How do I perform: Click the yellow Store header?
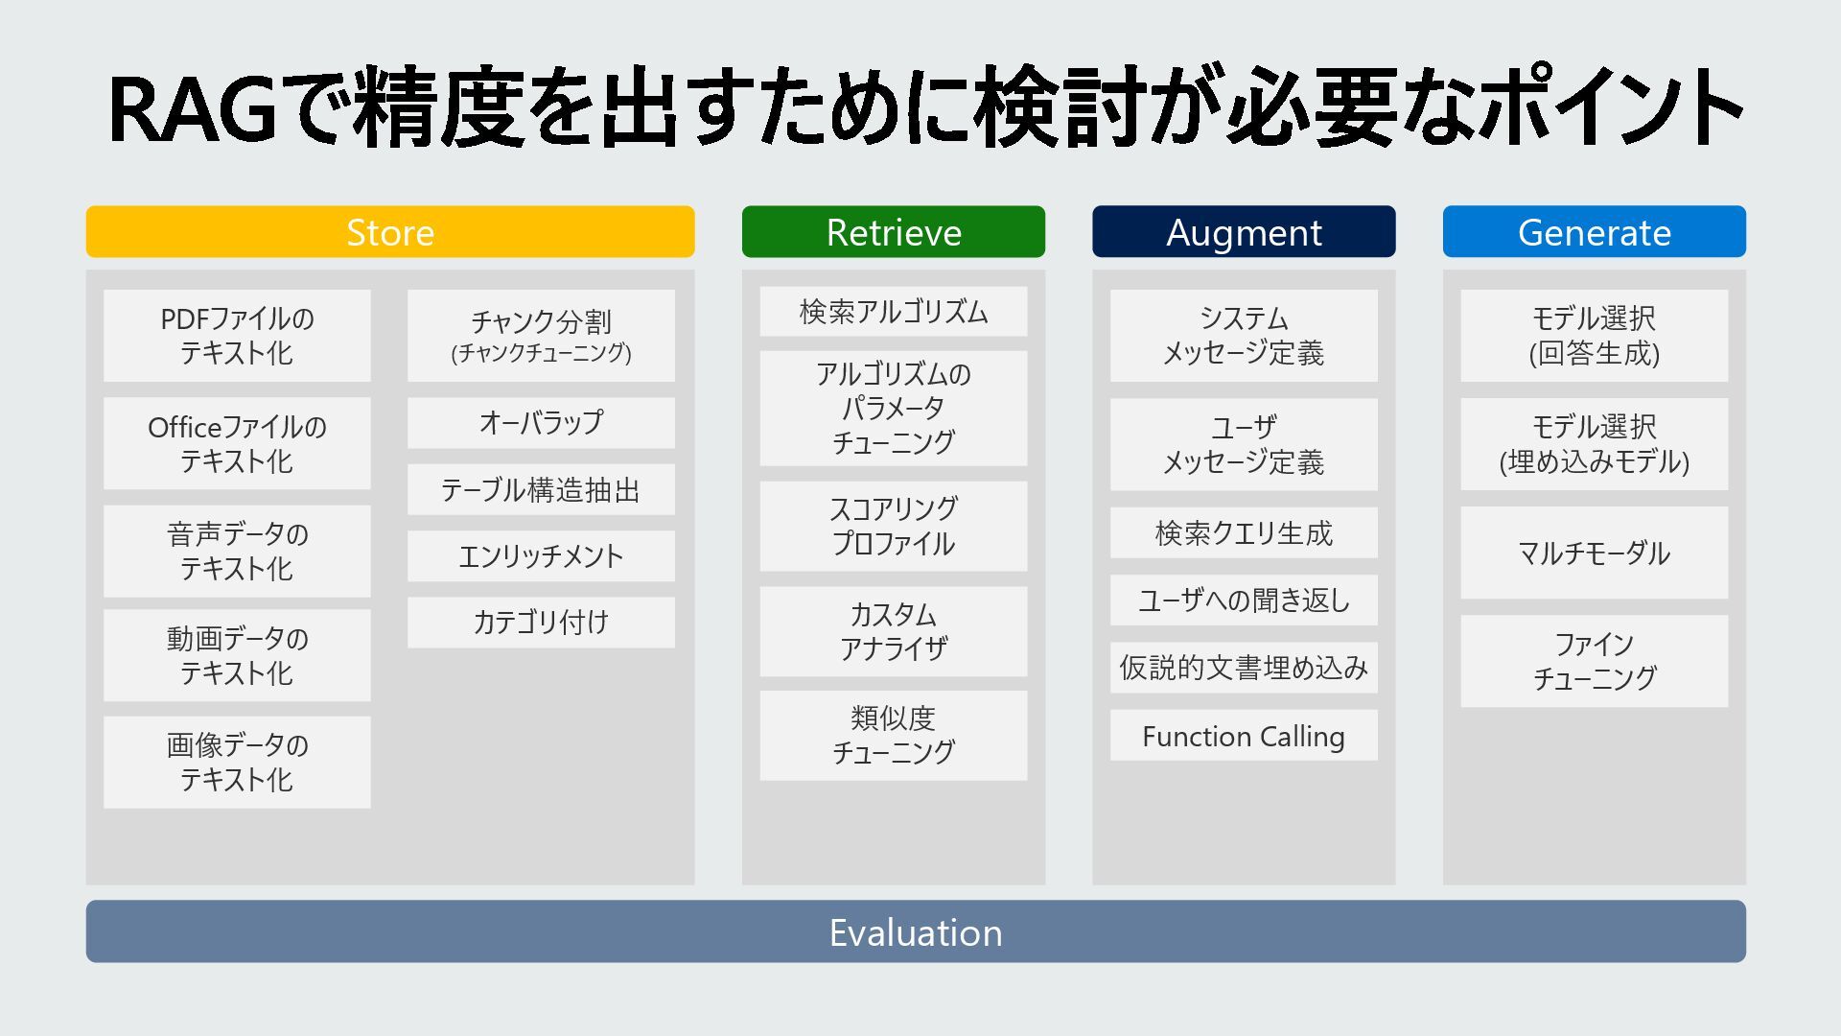pyautogui.click(x=390, y=232)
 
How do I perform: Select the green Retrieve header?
pyautogui.click(x=893, y=232)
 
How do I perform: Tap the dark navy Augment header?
pyautogui.click(x=1244, y=232)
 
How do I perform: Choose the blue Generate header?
pyautogui.click(x=1594, y=232)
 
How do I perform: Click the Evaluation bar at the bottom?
pyautogui.click(x=916, y=931)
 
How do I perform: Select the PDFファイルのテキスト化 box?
pyautogui.click(x=237, y=336)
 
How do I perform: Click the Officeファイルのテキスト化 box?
pyautogui.click(x=237, y=443)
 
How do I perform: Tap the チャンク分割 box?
pyautogui.click(x=541, y=336)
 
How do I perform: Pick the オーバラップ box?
pyautogui.click(x=541, y=423)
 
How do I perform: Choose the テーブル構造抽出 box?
pyautogui.click(x=541, y=490)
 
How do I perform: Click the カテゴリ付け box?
pyautogui.click(x=541, y=623)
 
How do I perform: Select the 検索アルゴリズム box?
pyautogui.click(x=893, y=312)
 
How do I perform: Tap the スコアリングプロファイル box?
pyautogui.click(x=893, y=526)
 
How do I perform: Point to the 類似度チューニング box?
pyautogui.click(x=893, y=735)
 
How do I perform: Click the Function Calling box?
pyautogui.click(x=1244, y=736)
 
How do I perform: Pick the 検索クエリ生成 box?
pyautogui.click(x=1244, y=533)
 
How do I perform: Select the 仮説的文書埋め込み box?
pyautogui.click(x=1244, y=668)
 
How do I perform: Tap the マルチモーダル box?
pyautogui.click(x=1594, y=553)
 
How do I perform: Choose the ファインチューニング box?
pyautogui.click(x=1594, y=661)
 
